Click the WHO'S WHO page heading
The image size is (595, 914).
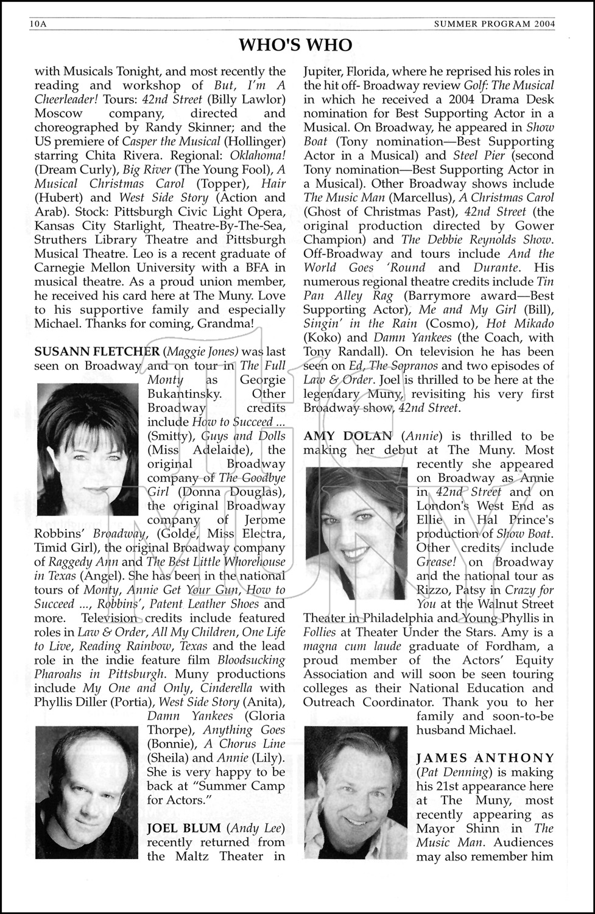(x=296, y=44)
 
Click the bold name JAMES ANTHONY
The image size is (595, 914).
(x=485, y=758)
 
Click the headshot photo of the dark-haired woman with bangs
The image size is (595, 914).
(x=88, y=449)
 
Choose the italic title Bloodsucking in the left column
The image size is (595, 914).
(x=251, y=660)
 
